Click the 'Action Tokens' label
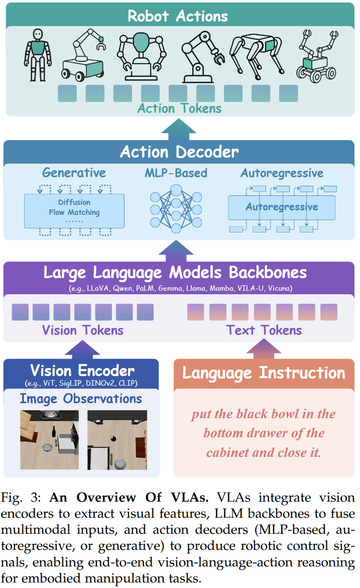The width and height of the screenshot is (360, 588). (179, 108)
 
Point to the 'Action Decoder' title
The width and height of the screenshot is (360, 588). (179, 152)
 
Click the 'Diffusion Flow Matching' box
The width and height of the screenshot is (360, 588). (74, 208)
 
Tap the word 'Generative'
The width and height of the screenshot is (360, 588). (74, 173)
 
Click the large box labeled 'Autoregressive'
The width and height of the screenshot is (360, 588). (281, 207)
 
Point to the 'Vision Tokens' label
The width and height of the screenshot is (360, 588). (82, 330)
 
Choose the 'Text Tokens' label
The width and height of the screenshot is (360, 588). (264, 330)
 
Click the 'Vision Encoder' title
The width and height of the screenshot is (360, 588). (82, 371)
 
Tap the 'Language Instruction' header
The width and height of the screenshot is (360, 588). (264, 373)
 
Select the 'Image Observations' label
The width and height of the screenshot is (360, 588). (81, 399)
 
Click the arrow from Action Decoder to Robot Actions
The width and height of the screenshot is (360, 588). (179, 130)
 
